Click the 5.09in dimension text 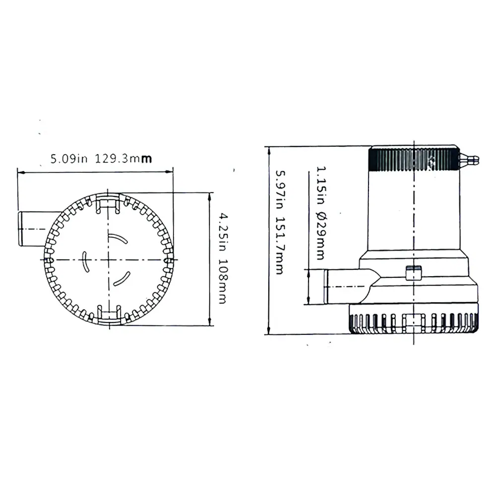pyautogui.click(x=69, y=159)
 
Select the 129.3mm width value pyautogui.click(x=124, y=159)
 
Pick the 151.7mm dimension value pyautogui.click(x=280, y=246)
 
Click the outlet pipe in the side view pyautogui.click(x=346, y=286)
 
